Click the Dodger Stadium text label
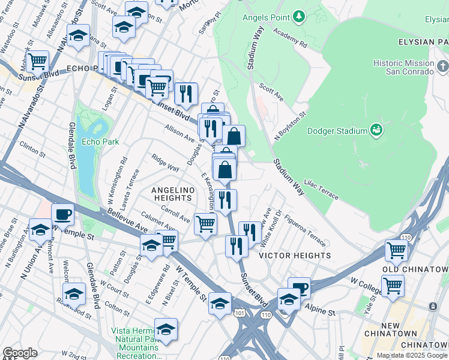click(337, 131)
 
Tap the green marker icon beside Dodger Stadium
click(377, 130)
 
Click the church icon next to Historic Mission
click(442, 65)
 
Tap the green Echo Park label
click(101, 142)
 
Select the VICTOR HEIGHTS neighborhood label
click(294, 256)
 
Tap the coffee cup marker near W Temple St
click(62, 214)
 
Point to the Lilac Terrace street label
click(322, 188)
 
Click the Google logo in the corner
click(20, 353)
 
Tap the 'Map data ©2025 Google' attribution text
click(412, 355)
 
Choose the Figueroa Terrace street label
click(305, 231)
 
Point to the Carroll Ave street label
click(175, 213)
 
